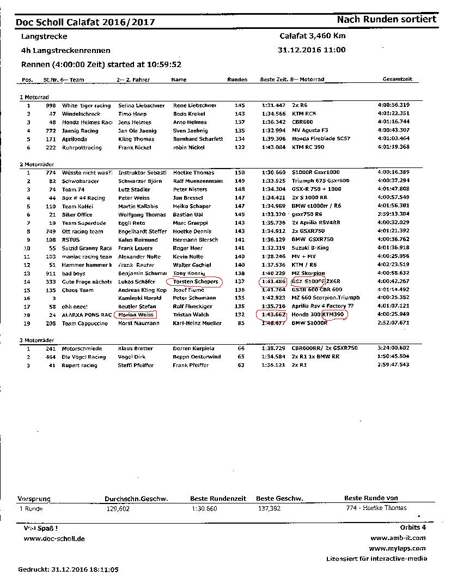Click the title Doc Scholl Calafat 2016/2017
[85, 22]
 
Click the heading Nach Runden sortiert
[386, 20]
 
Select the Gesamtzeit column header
[397, 80]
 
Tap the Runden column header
[237, 80]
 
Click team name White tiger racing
[86, 105]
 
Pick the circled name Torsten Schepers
[195, 282]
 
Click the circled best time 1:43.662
[273, 315]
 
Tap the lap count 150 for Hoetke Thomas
[239, 173]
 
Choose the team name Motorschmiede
[81, 349]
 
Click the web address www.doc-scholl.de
[54, 539]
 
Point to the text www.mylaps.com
[397, 549]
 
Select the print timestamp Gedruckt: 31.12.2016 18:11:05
[68, 569]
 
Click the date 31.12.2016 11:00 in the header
[312, 50]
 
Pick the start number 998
[51, 105]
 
